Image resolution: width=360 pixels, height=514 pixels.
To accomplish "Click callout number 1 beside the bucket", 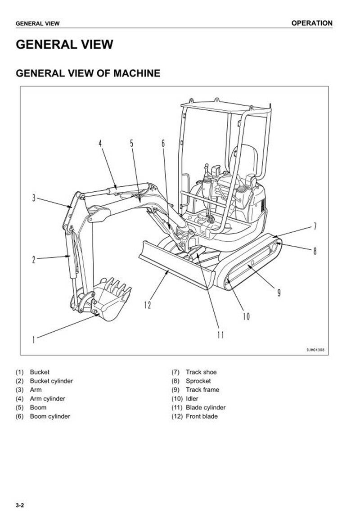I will point(33,339).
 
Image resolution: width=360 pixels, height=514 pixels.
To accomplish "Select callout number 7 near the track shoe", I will point(315,226).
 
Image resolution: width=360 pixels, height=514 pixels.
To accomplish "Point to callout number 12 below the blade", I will point(148,305).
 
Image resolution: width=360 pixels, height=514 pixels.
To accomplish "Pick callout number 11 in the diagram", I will point(220,334).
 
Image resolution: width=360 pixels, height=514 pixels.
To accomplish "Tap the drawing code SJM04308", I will point(315,349).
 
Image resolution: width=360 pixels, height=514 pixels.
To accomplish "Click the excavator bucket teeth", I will point(118,285).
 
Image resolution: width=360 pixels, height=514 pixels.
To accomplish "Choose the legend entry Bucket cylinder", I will point(51,381).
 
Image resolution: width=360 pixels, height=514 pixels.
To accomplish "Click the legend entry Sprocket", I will point(198,381).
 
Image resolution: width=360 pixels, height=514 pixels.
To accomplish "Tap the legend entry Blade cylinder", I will point(206,407).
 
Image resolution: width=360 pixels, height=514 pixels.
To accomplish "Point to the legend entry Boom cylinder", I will point(50,416).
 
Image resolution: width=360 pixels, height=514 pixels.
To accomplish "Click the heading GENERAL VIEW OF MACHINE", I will point(88,73).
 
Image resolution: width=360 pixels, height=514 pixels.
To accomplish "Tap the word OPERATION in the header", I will point(312,23).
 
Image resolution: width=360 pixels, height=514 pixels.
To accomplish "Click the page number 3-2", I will point(20,505).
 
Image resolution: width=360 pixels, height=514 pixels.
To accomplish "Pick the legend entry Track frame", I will point(202,390).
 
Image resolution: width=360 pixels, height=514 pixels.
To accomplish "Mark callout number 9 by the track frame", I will point(279,293).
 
